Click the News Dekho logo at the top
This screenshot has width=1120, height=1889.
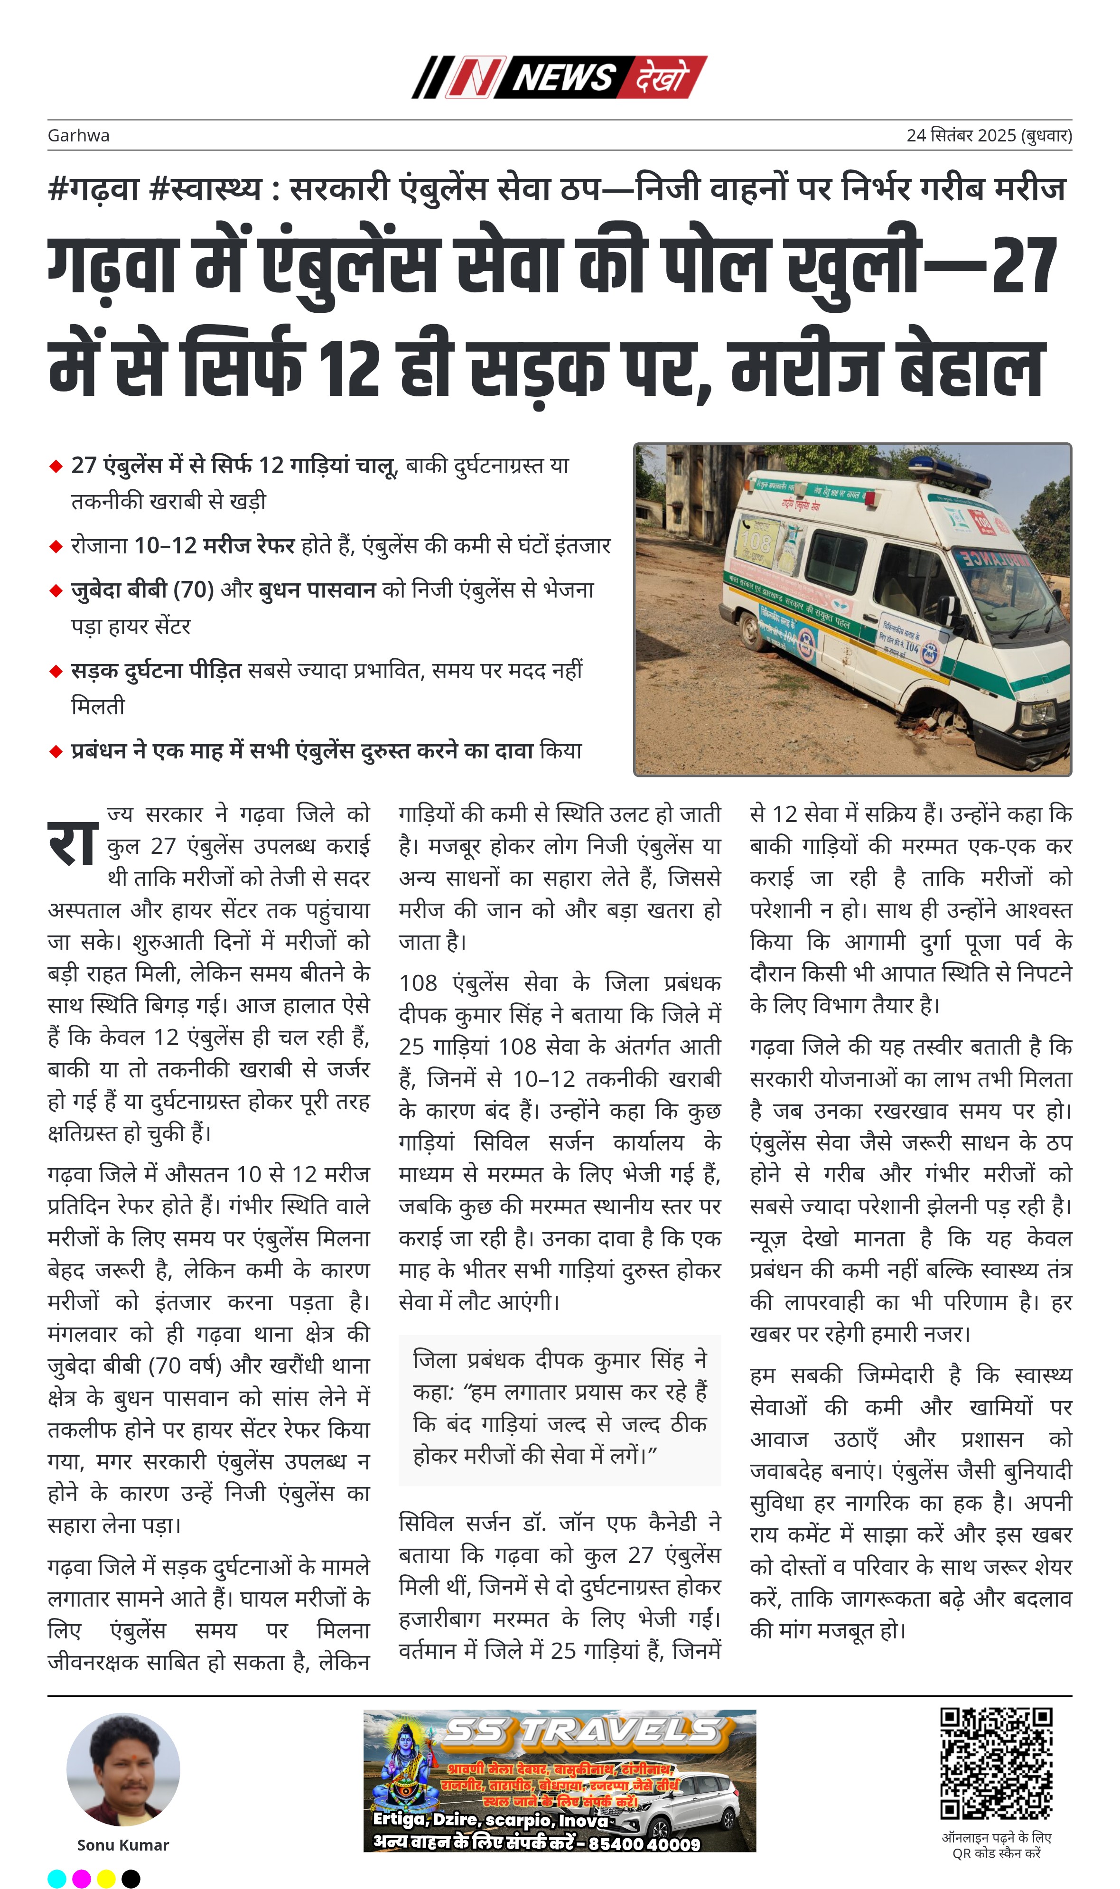click(559, 77)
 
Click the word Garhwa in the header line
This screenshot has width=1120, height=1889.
click(78, 136)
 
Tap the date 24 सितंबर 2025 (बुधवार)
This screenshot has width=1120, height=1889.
click(988, 136)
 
